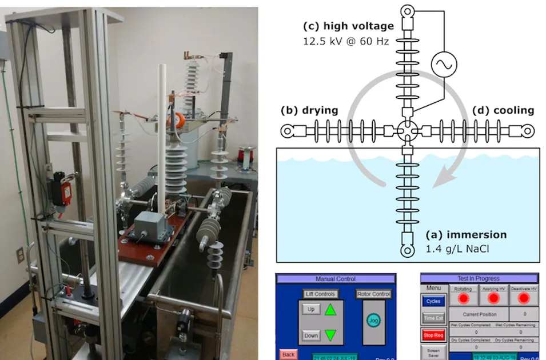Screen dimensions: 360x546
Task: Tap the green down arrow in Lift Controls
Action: tap(330, 335)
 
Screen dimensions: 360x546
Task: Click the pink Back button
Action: tap(288, 355)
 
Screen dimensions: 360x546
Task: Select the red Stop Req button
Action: tap(433, 335)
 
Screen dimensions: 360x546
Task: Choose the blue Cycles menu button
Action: tap(433, 301)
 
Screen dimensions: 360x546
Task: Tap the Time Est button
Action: tap(433, 318)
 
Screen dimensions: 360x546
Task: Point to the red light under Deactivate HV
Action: tap(524, 298)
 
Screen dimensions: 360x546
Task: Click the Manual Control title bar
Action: tap(336, 279)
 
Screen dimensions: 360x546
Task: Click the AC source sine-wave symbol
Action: tap(441, 65)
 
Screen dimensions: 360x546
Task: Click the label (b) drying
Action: tap(309, 110)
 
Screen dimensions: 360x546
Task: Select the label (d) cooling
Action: tap(503, 110)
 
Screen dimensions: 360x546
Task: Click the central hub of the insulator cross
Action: tap(408, 131)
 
